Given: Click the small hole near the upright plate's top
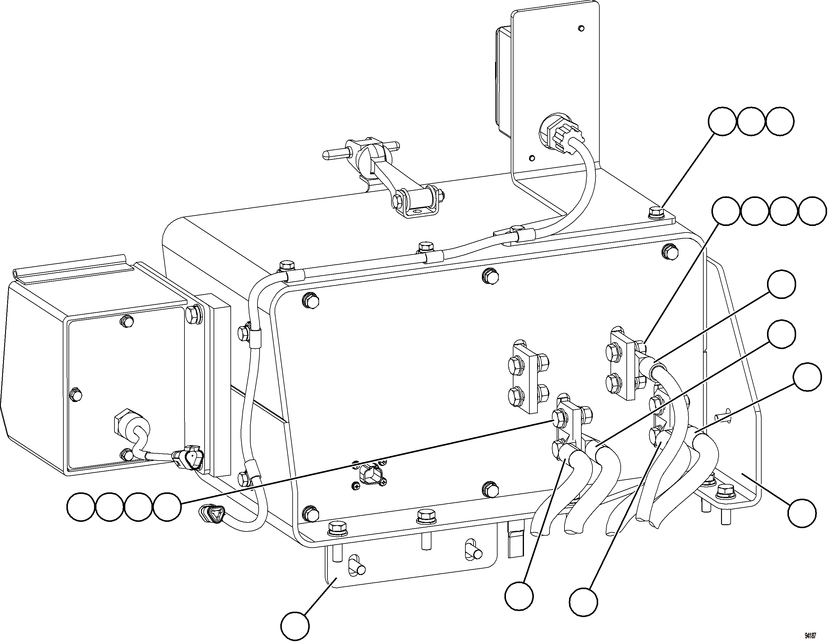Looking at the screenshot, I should [581, 28].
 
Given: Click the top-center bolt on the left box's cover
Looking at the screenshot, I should [126, 321].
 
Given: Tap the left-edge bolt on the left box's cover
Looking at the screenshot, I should [76, 395].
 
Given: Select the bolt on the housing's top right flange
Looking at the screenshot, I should [655, 212].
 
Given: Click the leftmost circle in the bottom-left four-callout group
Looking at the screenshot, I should [81, 507].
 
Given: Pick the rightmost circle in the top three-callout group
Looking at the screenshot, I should [779, 121].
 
